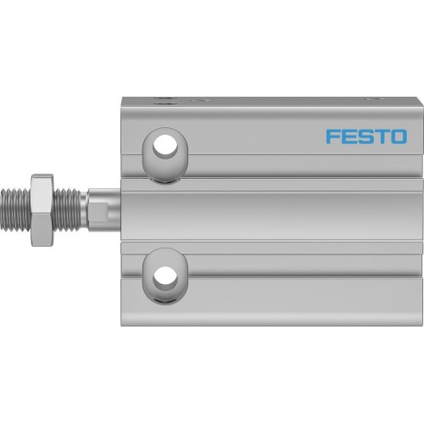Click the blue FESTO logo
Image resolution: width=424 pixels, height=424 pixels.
click(365, 136)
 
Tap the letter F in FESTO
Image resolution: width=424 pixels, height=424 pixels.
click(331, 136)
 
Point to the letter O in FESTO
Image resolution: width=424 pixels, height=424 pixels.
click(398, 136)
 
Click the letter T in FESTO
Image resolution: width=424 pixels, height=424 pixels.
click(381, 136)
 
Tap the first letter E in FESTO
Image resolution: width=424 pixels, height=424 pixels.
click(348, 136)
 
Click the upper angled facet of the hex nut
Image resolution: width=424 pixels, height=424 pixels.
click(39, 182)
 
